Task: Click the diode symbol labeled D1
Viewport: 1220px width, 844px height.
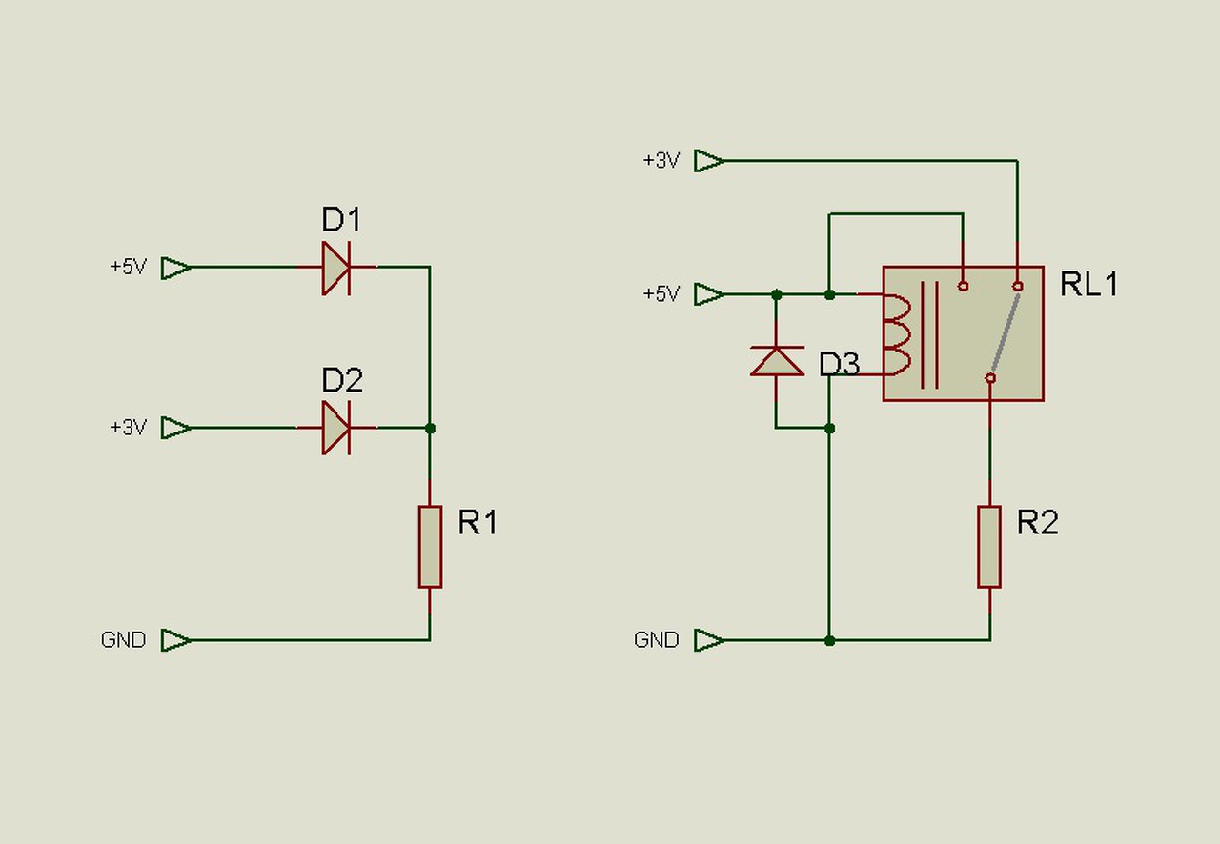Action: tap(336, 268)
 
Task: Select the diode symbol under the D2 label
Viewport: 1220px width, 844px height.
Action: tap(336, 428)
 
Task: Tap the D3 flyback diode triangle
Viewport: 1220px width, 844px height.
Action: tap(777, 361)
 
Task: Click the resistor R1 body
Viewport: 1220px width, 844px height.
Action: tap(430, 547)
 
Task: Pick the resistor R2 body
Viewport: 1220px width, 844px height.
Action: tap(989, 547)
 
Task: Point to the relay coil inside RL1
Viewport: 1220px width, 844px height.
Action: tap(897, 335)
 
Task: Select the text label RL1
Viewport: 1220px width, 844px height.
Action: tap(1088, 284)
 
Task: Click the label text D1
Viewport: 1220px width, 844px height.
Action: tap(341, 219)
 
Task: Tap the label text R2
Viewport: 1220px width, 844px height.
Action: tap(1038, 522)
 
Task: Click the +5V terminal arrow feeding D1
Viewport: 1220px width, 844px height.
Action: tap(176, 268)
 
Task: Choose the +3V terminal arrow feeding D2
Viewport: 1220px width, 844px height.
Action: tap(176, 428)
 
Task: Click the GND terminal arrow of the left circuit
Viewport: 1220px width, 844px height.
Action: tap(176, 640)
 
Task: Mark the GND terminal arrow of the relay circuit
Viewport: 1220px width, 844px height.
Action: tap(709, 640)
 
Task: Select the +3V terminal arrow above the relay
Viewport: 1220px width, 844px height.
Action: tap(709, 161)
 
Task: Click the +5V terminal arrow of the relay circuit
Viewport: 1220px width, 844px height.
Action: tap(709, 294)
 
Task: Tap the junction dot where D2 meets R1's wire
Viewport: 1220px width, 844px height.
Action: tap(430, 428)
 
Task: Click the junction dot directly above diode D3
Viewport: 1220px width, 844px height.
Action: tap(777, 294)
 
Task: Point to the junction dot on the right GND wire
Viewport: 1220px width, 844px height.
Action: tap(829, 641)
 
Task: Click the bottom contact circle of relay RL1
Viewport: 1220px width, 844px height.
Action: tap(990, 378)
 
